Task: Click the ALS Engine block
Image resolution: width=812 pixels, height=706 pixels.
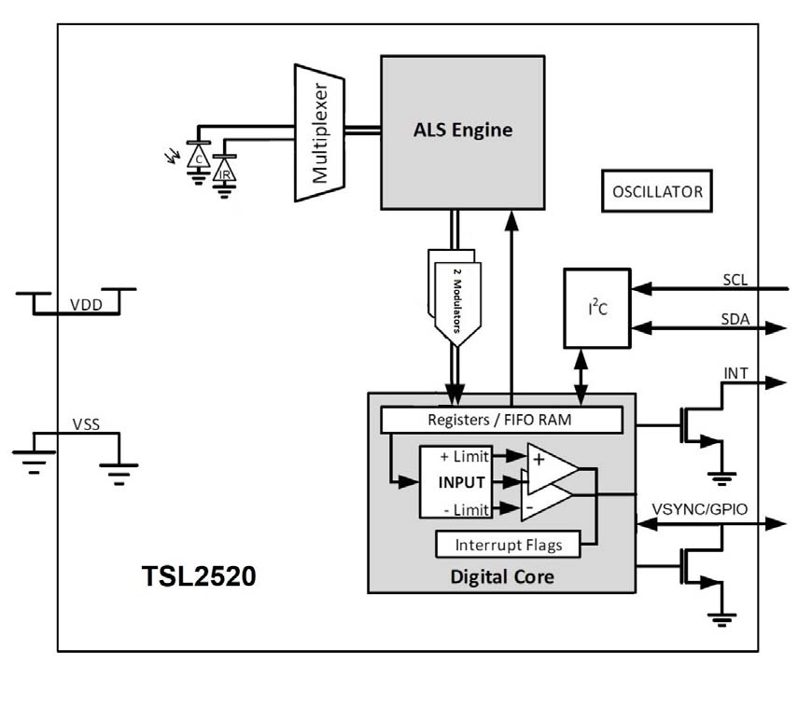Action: point(462,131)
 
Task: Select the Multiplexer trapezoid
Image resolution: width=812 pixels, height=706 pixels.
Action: point(320,132)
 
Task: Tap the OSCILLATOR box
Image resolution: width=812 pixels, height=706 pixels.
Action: point(656,192)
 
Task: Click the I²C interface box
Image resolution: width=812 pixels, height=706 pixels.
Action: point(596,308)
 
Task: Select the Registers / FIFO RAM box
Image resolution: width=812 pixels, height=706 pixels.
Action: point(501,421)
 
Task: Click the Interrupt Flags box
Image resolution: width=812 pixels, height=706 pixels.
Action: point(508,545)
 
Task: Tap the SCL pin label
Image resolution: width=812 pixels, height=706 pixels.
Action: point(735,280)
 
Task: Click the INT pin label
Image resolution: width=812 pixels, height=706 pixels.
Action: point(735,374)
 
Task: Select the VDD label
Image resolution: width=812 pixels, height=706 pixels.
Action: point(86,304)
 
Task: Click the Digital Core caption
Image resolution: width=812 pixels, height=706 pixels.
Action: point(502,577)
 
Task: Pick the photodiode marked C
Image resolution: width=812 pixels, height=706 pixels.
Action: point(198,158)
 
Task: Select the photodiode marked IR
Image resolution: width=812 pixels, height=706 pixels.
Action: point(224,172)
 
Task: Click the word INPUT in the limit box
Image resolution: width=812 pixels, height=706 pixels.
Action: point(461,482)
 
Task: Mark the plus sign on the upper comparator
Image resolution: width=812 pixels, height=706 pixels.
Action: point(539,457)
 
